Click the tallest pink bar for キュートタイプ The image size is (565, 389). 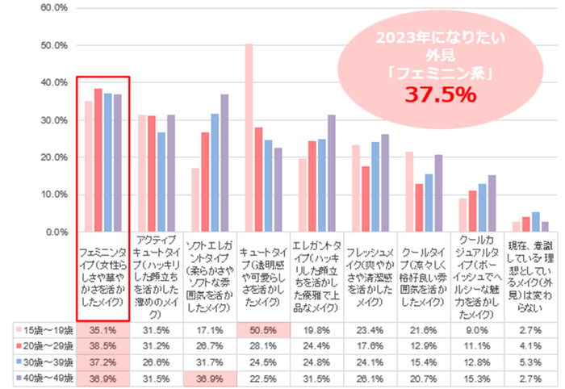[249, 137]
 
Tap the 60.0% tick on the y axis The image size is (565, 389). [53, 8]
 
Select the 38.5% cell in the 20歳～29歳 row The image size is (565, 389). [103, 345]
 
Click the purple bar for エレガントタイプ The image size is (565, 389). [331, 173]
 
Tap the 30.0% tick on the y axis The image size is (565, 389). [53, 119]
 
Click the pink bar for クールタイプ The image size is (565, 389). [408, 191]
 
